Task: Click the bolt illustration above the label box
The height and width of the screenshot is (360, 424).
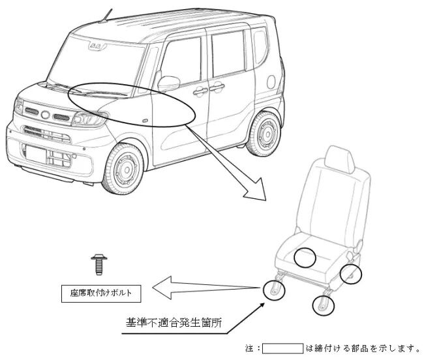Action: coord(99,264)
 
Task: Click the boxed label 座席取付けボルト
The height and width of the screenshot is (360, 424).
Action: coord(101,293)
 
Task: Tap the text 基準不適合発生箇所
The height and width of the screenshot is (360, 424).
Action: coord(174,323)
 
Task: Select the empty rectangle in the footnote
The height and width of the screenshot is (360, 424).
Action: coord(282,348)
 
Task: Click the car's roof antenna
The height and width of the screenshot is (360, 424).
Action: coord(106,16)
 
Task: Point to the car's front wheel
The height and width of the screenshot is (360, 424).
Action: coord(123,170)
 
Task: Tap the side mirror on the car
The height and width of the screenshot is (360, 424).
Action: coord(168,83)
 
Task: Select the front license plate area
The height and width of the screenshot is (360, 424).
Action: coord(36,154)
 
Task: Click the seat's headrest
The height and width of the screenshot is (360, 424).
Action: coord(340,160)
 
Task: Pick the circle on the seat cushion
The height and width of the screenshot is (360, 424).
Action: coord(305,257)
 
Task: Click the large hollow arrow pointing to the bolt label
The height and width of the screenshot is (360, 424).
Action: coord(205,288)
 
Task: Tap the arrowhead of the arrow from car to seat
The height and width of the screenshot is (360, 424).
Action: coord(256,190)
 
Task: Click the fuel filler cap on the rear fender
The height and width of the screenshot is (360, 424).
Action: coord(271,82)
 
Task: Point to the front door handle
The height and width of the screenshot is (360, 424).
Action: coord(200,91)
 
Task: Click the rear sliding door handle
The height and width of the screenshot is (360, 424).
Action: coord(217,87)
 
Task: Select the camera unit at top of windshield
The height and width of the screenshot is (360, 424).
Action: coord(97,46)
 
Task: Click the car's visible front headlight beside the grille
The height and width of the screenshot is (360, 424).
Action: coord(89,119)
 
